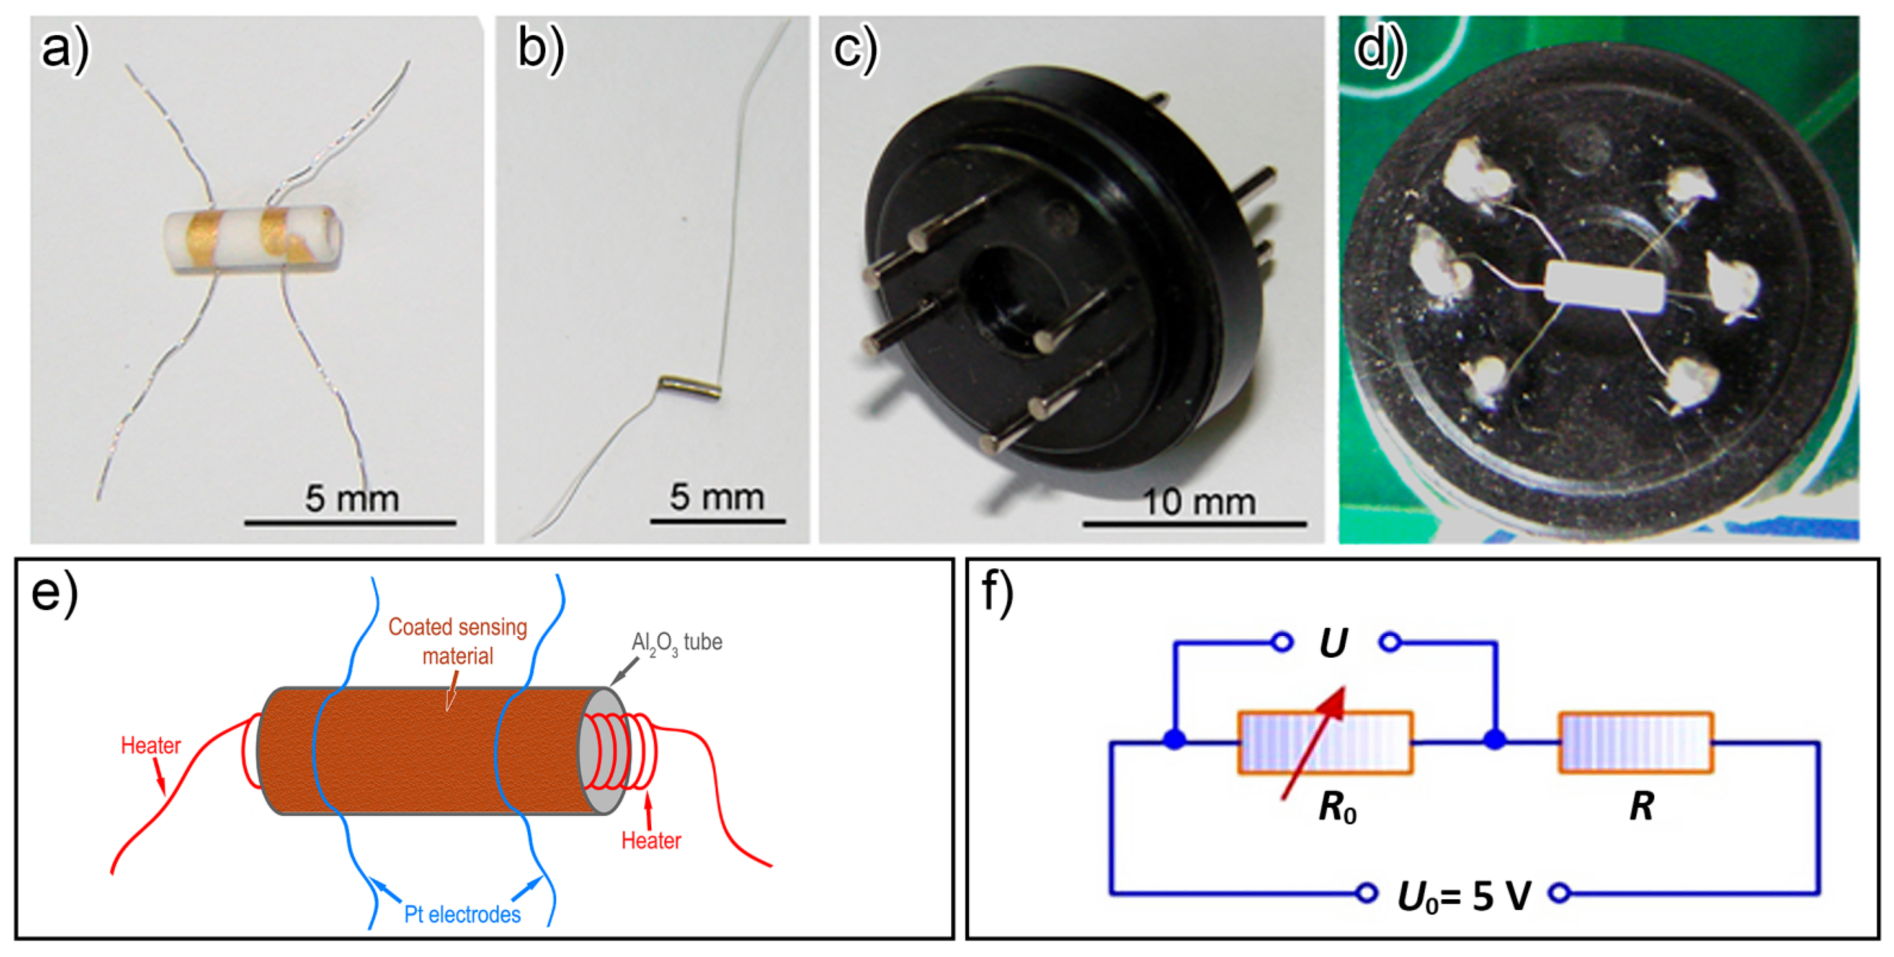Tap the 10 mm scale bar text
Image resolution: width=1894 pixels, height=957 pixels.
[1199, 502]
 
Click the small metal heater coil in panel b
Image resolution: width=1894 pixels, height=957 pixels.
[689, 387]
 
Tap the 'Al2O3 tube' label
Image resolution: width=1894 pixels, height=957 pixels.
[676, 642]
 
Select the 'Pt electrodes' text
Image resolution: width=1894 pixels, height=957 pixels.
[462, 914]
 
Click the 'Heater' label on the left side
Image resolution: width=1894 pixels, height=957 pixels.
[150, 745]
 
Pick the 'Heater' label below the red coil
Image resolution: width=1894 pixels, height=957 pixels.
[651, 840]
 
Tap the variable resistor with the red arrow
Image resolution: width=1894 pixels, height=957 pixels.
[1325, 742]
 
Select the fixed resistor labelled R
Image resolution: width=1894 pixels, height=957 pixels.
[1636, 742]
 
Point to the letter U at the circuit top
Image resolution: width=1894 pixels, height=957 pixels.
[1333, 643]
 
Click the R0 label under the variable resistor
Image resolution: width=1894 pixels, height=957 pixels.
[1337, 807]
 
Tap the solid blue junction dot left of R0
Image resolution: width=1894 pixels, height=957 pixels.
[1175, 739]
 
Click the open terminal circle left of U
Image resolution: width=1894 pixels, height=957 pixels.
[1281, 642]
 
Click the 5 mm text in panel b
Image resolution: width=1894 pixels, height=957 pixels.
[716, 498]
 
